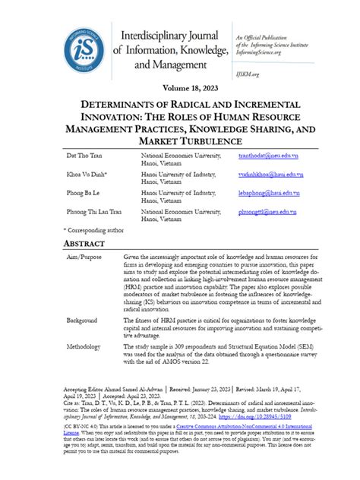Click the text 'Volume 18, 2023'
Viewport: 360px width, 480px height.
(181, 88)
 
